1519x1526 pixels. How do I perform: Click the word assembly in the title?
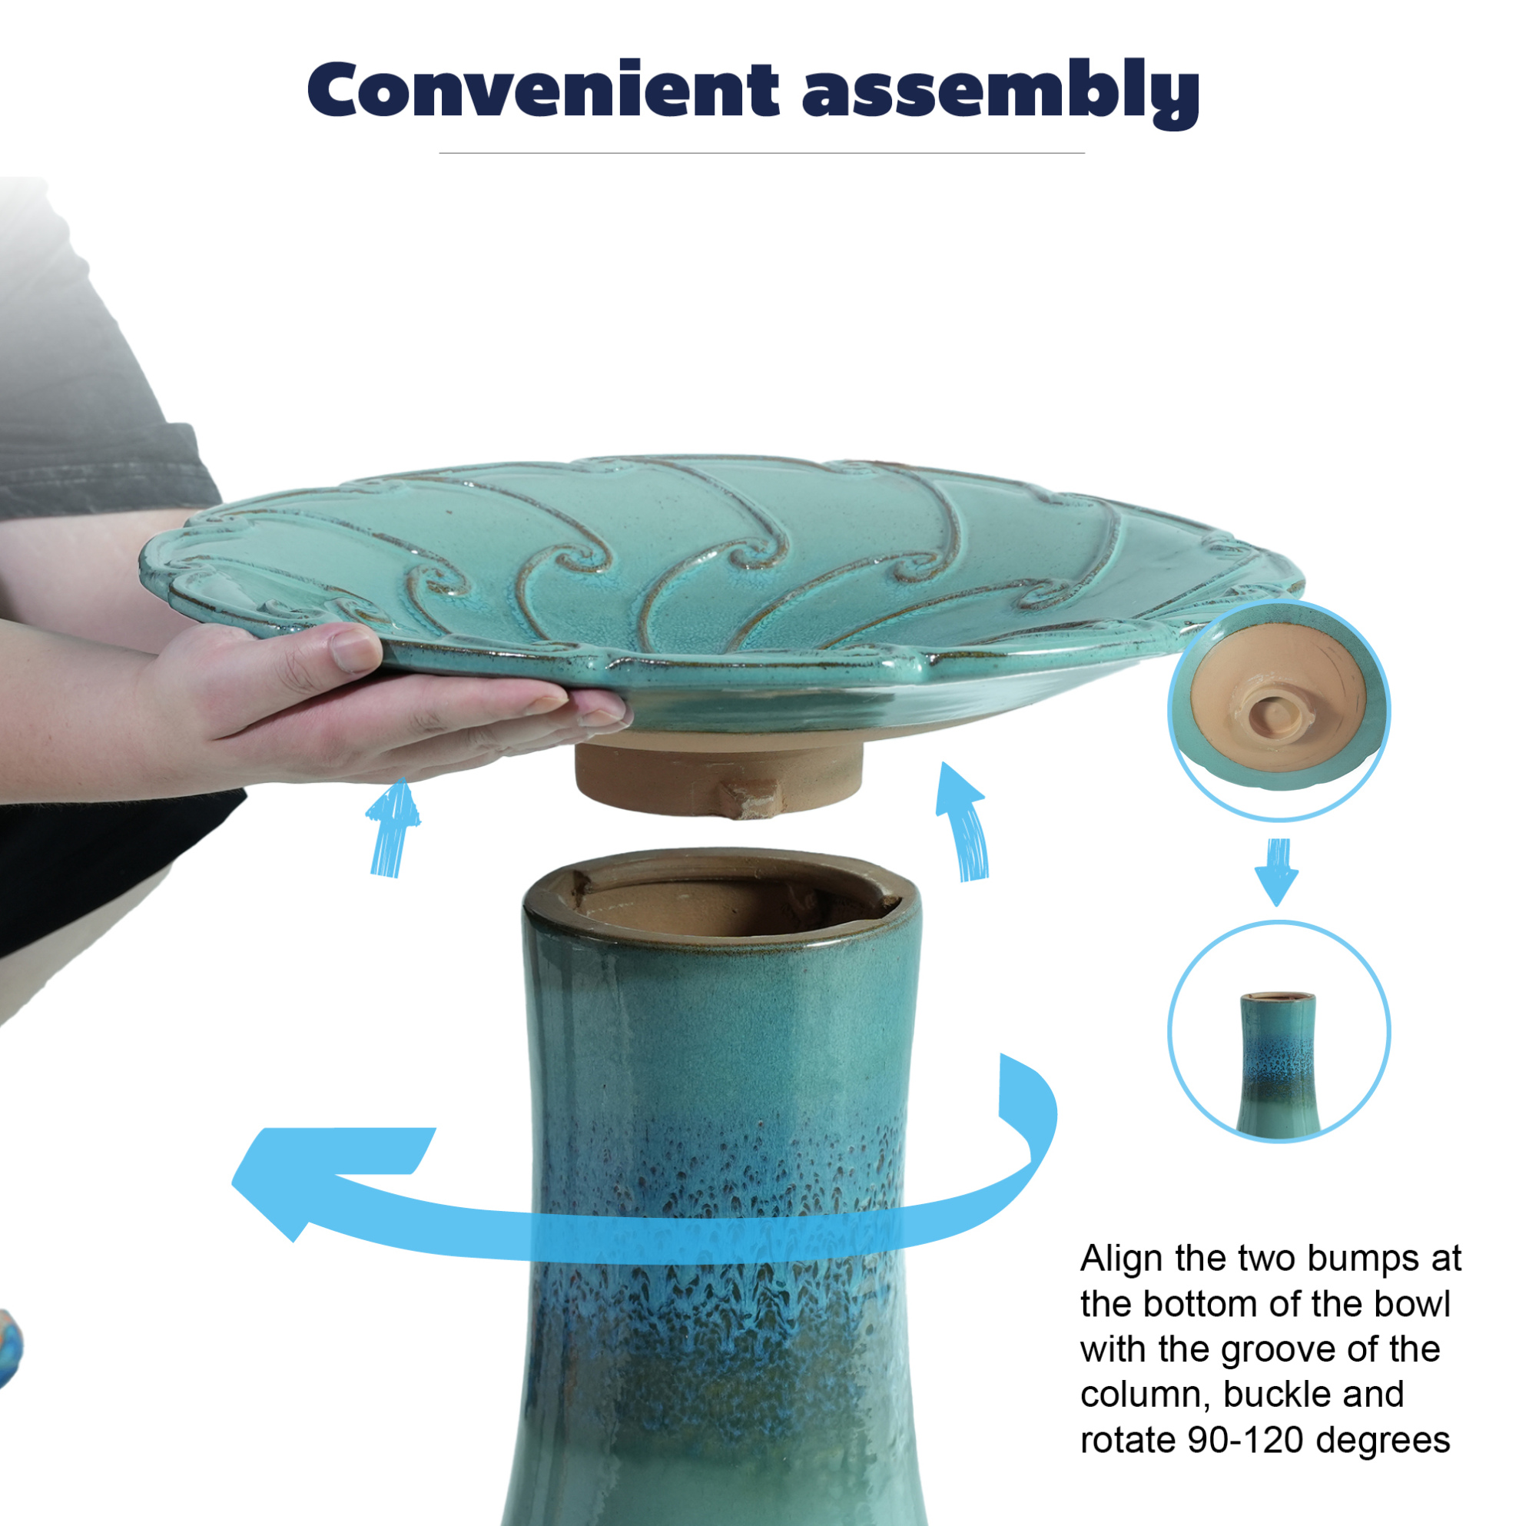pos(1001,93)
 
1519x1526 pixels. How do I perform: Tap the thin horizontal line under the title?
pos(761,153)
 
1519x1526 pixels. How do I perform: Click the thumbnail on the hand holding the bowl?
pos(353,650)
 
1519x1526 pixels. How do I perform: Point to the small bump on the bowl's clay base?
pos(751,798)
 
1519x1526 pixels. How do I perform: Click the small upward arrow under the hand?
pos(393,826)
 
